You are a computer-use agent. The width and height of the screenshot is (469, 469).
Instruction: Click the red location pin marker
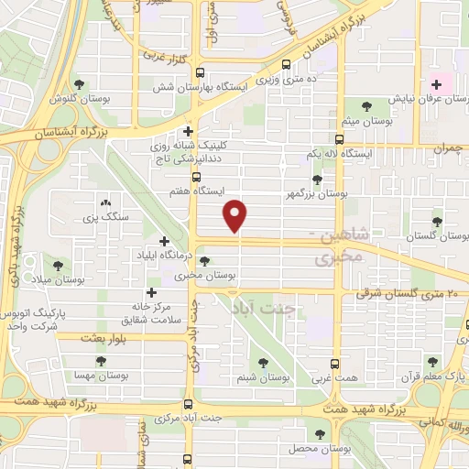[x=236, y=216]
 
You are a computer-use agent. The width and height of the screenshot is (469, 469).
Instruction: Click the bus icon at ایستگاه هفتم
[x=196, y=177]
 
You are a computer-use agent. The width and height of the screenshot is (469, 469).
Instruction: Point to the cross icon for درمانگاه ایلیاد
[x=163, y=241]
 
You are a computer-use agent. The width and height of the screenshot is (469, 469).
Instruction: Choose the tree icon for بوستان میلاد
[x=58, y=265]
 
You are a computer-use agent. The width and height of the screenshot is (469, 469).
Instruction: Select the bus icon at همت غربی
[x=334, y=363]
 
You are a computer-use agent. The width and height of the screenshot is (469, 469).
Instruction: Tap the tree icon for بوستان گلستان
[x=437, y=221]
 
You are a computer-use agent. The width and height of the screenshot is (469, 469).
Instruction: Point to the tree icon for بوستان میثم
[x=367, y=105]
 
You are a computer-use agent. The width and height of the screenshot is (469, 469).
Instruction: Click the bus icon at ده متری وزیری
[x=287, y=65]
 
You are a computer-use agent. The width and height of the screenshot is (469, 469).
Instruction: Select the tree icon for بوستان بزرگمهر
[x=317, y=180]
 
